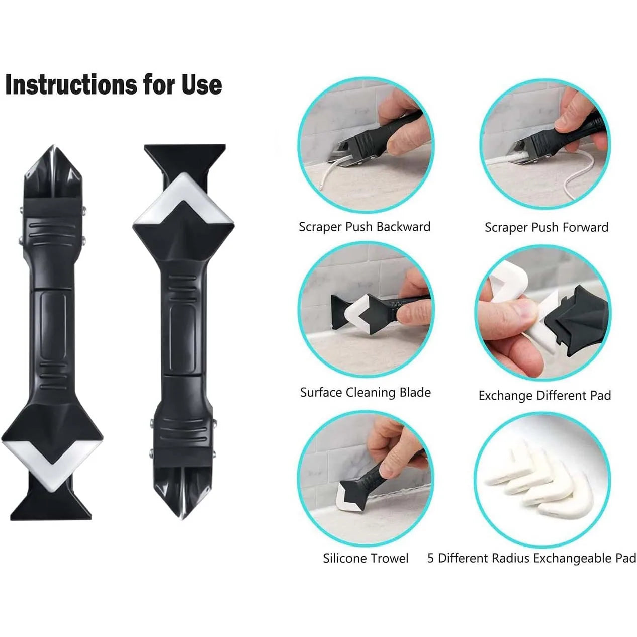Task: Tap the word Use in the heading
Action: pos(201,84)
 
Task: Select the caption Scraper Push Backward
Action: pos(365,227)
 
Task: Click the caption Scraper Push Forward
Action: pos(547,227)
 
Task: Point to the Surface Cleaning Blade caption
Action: pos(366,392)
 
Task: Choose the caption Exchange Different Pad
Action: pos(544,395)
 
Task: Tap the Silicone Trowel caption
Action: pos(366,558)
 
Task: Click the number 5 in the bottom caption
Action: pos(431,558)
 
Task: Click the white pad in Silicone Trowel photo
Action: pos(351,498)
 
